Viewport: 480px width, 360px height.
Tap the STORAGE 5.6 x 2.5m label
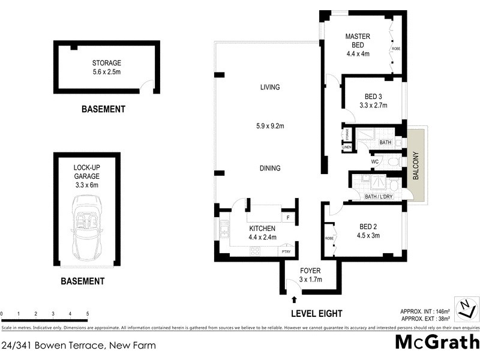[x=107, y=67]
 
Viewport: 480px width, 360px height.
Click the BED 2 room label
[x=368, y=230]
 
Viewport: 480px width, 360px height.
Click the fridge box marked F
[x=288, y=218]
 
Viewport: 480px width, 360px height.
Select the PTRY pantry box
[x=287, y=252]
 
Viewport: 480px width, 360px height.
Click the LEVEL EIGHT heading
[x=316, y=313]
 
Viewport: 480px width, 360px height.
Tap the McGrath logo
[x=437, y=343]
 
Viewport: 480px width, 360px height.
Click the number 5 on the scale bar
[x=88, y=314]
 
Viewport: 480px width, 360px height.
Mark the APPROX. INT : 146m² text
[x=425, y=311]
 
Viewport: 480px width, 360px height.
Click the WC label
[x=374, y=161]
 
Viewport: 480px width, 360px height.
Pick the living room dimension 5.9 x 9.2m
[x=270, y=126]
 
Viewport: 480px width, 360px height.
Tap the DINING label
[x=270, y=169]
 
